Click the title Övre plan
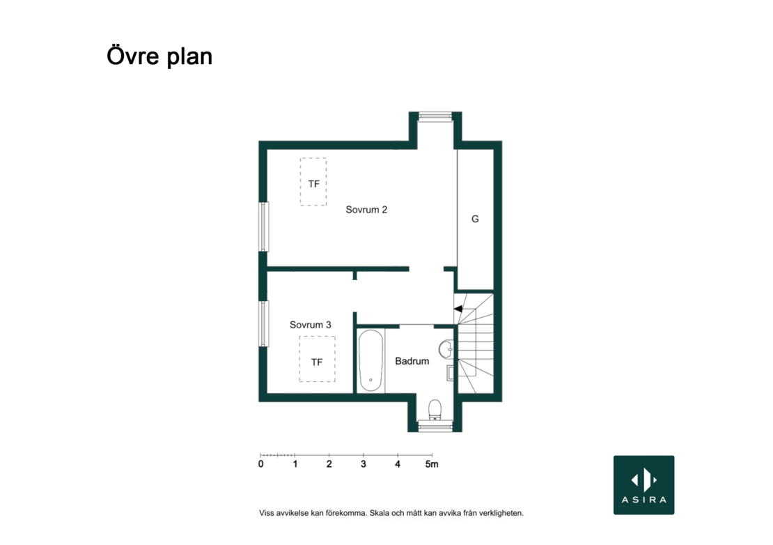click(159, 56)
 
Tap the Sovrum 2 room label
click(366, 210)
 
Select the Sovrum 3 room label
click(310, 325)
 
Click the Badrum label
click(412, 361)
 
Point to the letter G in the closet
click(475, 219)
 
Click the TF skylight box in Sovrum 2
click(313, 181)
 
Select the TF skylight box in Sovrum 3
click(317, 359)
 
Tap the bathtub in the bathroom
click(370, 360)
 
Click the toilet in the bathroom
click(435, 410)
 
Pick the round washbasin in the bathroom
click(446, 348)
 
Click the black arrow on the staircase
click(458, 309)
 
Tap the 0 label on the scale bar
click(260, 464)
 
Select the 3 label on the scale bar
click(364, 464)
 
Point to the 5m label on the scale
click(432, 464)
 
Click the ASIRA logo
click(644, 485)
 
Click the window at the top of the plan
click(435, 116)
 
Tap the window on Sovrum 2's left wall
click(264, 227)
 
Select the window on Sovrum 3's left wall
click(264, 323)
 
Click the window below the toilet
click(435, 426)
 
